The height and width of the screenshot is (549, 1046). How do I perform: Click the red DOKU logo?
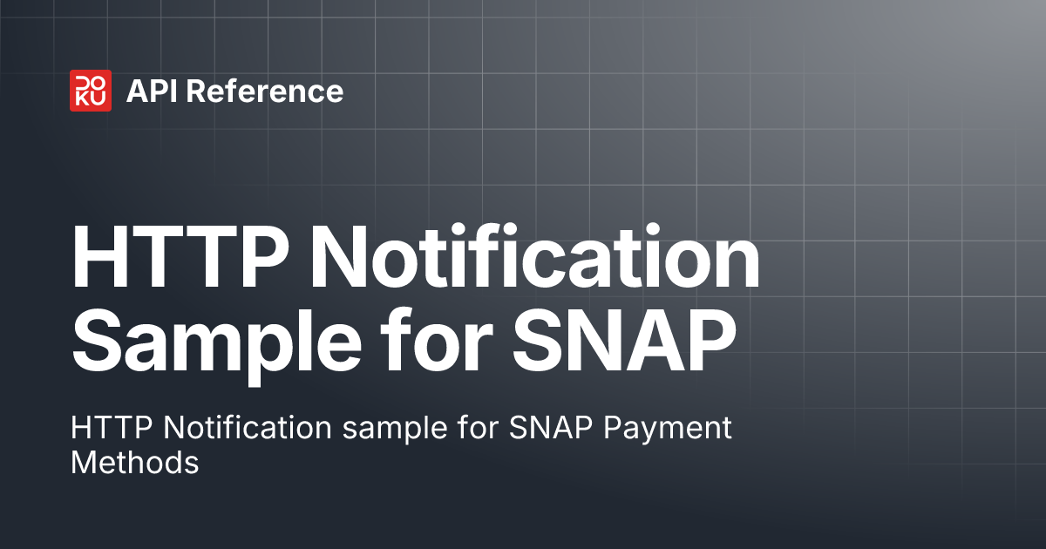pyautogui.click(x=91, y=91)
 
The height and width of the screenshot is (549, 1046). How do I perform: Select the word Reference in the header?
pyautogui.click(x=266, y=91)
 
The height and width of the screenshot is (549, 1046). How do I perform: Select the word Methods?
pyautogui.click(x=135, y=462)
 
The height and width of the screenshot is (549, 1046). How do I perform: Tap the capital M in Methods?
pyautogui.click(x=84, y=462)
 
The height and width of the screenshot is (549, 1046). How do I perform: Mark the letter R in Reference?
pyautogui.click(x=197, y=91)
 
